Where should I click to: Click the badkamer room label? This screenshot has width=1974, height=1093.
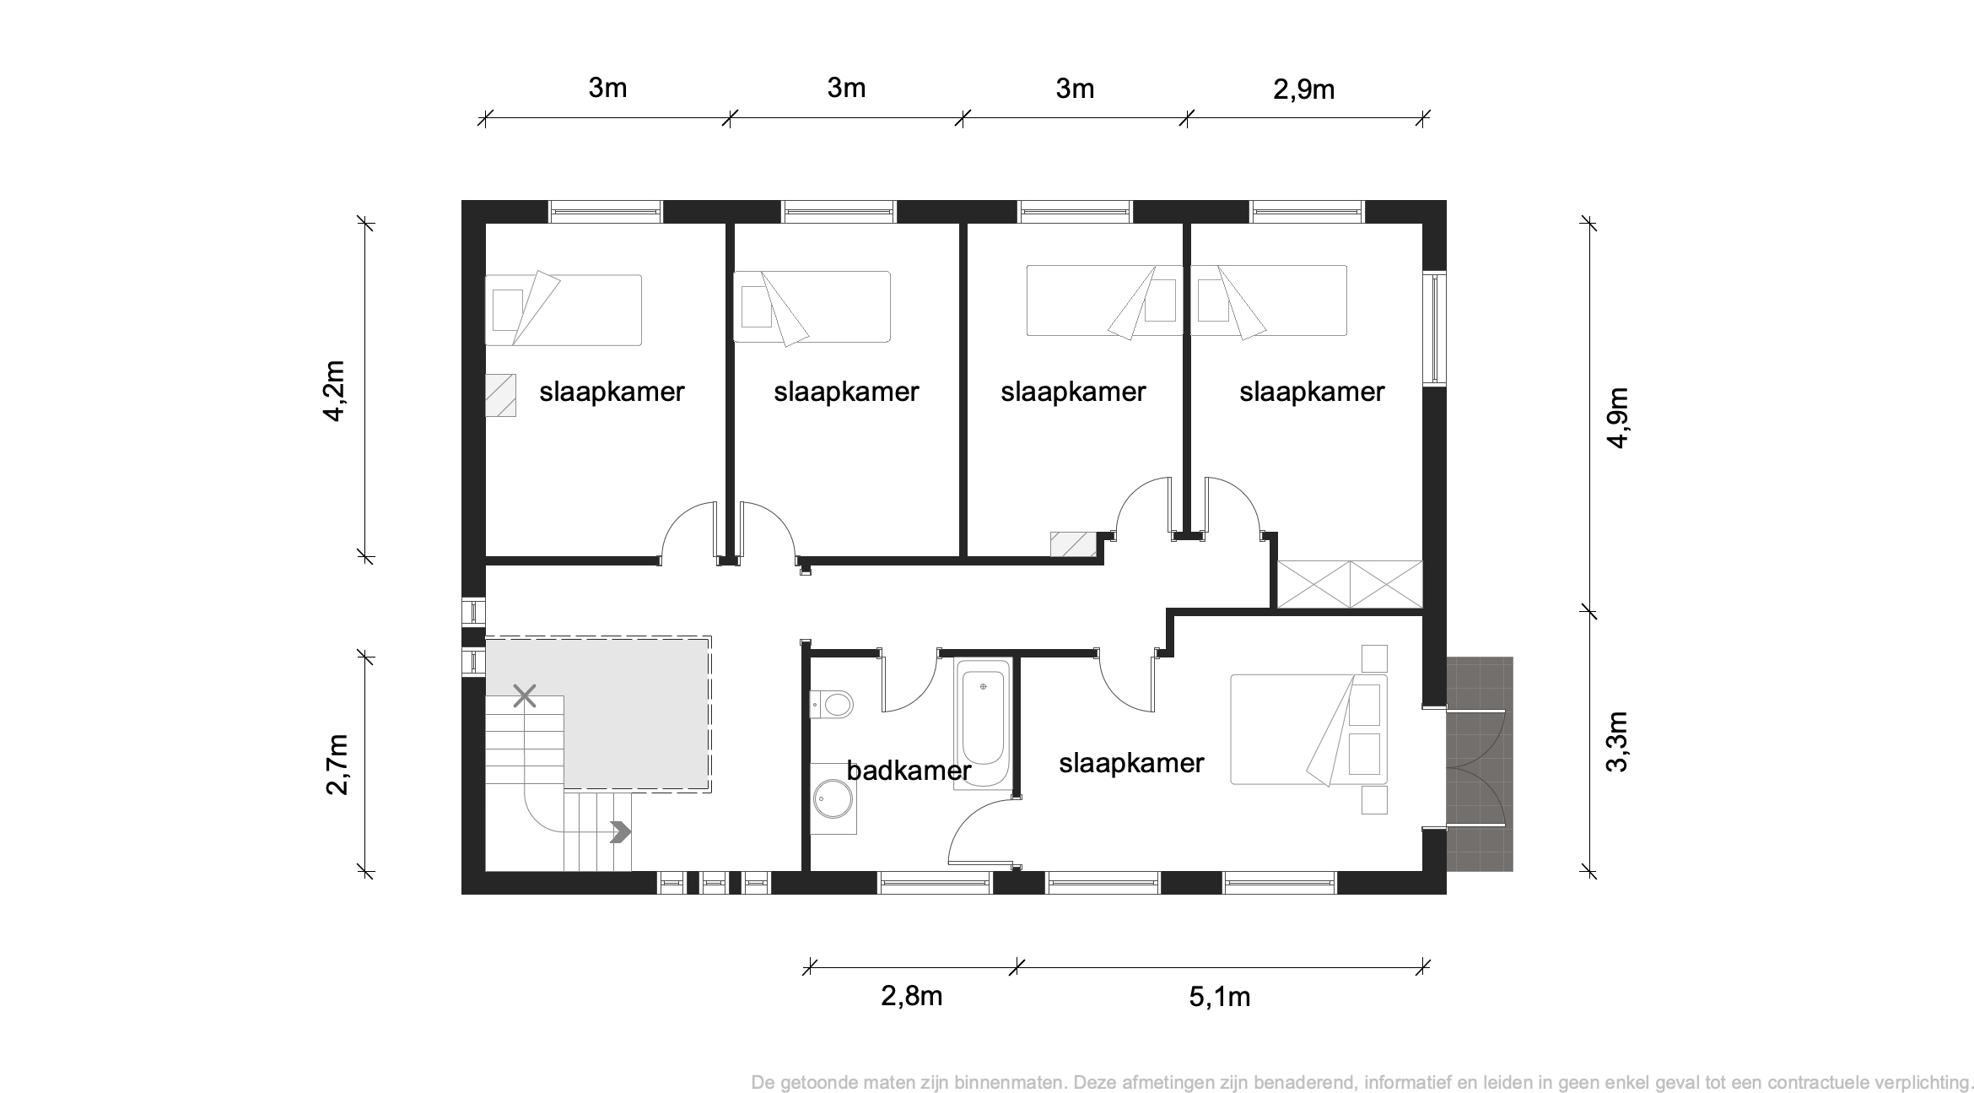[x=909, y=771]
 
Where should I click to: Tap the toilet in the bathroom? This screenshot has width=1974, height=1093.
[x=832, y=703]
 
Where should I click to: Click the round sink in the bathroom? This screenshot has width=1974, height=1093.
[x=833, y=798]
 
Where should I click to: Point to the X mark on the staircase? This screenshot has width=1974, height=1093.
[x=525, y=696]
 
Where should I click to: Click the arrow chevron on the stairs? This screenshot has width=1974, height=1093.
[x=621, y=831]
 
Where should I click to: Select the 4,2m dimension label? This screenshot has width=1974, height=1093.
[x=335, y=391]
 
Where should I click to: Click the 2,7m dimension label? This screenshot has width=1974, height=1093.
[x=337, y=764]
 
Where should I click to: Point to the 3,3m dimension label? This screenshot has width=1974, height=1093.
[x=1617, y=741]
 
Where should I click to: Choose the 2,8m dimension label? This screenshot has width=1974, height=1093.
[x=912, y=997]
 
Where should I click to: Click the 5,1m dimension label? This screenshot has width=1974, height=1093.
[x=1220, y=997]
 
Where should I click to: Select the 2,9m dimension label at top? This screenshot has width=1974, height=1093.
[x=1303, y=89]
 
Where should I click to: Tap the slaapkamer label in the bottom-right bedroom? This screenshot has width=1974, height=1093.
[x=1131, y=763]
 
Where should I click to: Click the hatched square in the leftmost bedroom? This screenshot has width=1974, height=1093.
[x=500, y=395]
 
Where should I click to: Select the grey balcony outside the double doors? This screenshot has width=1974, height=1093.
[x=1480, y=764]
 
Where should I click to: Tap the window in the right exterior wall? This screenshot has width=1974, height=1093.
[x=1435, y=328]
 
